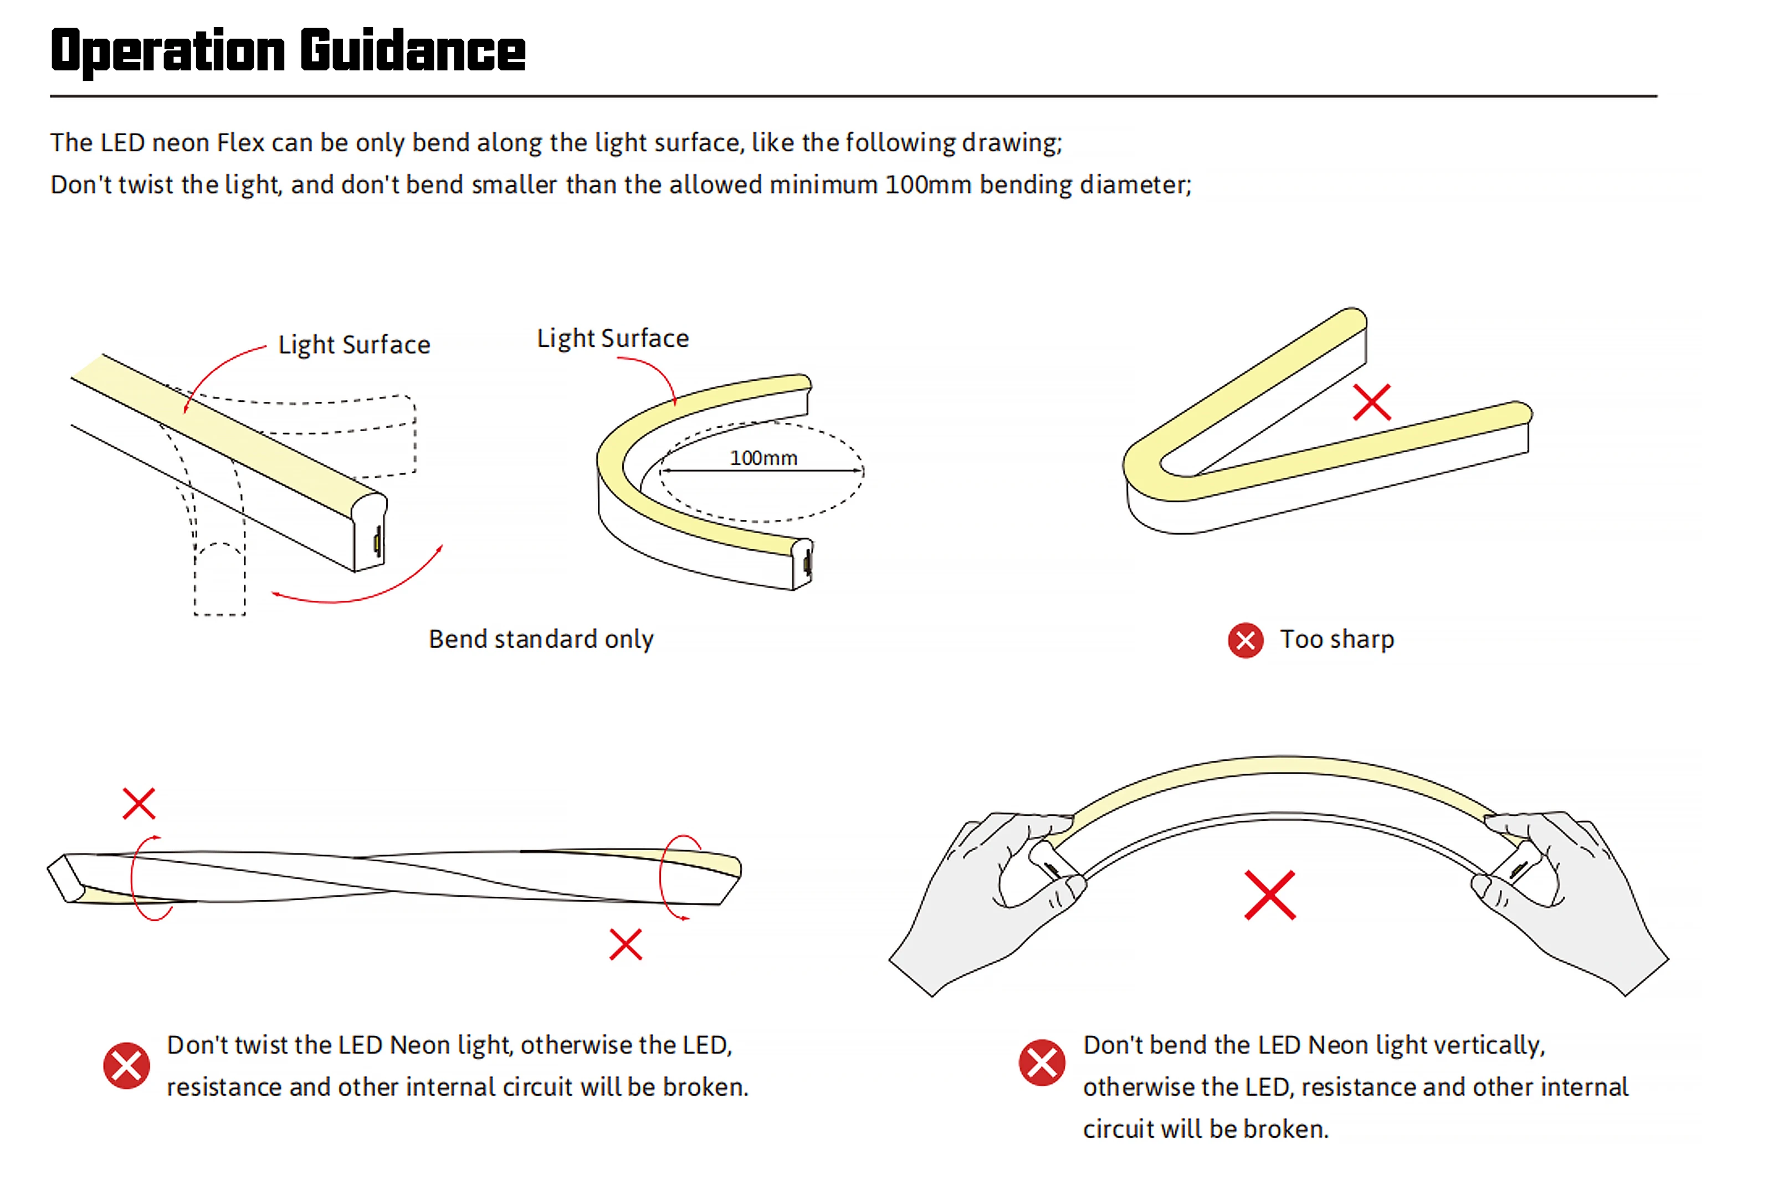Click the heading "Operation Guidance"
(288, 50)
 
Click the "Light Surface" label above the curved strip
(612, 338)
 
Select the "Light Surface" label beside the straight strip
(354, 345)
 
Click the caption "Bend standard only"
(541, 639)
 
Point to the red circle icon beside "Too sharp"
(1244, 640)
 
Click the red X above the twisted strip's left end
(139, 803)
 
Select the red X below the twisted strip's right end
(626, 944)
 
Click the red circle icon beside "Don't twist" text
(126, 1066)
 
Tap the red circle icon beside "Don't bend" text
(1042, 1062)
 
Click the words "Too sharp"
(1336, 639)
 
